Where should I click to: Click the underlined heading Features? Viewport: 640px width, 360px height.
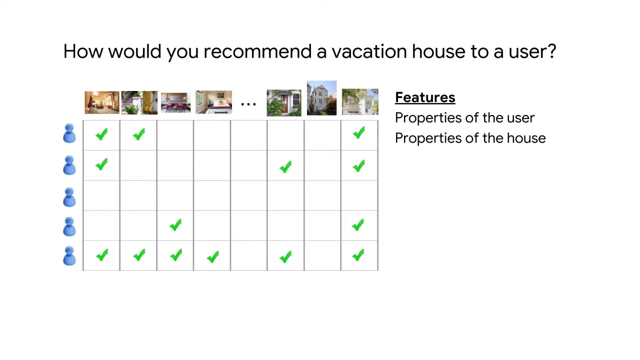[425, 97]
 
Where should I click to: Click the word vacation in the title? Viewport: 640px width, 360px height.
[369, 51]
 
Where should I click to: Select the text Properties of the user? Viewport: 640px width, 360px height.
[464, 118]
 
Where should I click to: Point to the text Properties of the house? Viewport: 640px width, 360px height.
[470, 138]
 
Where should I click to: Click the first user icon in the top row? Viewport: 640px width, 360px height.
[69, 134]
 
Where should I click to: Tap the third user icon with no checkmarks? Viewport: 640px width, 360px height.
[69, 197]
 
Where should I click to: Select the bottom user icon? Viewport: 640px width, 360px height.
[69, 256]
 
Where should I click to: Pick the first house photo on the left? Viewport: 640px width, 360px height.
[102, 102]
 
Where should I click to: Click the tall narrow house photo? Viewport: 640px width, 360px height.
[321, 98]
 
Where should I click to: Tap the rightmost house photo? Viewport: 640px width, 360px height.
[360, 102]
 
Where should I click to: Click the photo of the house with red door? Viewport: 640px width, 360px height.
[284, 102]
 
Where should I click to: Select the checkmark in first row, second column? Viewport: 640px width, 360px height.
[139, 134]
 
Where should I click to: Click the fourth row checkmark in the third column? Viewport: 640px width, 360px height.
[175, 225]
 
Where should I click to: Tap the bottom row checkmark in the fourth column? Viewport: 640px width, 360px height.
[212, 257]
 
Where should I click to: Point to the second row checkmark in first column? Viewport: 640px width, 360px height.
[101, 164]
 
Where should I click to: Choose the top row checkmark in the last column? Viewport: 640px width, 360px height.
[358, 133]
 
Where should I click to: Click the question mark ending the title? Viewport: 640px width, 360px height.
[551, 51]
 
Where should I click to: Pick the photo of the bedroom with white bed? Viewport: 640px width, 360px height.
[213, 102]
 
